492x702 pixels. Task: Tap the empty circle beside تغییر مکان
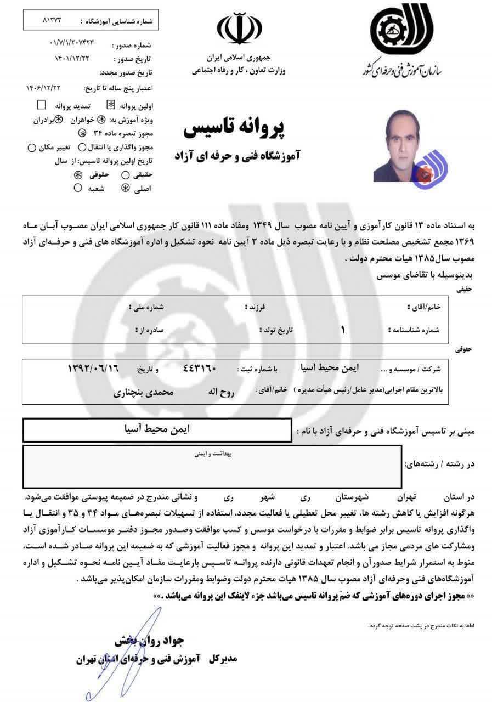click(31, 147)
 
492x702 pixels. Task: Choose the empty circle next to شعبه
click(78, 188)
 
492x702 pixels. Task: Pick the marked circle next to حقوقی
click(78, 175)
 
